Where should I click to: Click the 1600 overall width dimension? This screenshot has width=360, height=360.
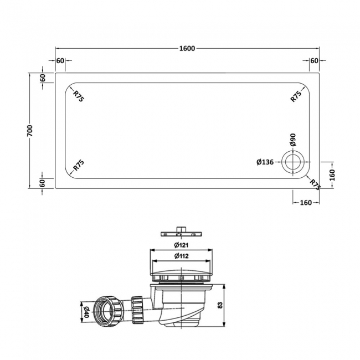point(188,49)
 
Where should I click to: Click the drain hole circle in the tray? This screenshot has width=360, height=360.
point(292,162)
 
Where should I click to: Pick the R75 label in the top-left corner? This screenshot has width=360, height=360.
point(79,96)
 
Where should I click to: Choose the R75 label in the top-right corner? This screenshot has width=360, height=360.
point(296,96)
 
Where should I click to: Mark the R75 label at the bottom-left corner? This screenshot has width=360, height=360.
point(79,166)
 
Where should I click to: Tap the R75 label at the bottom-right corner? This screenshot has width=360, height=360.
point(315,184)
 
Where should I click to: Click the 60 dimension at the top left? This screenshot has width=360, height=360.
point(60,60)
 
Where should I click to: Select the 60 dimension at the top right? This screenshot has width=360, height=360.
point(313,60)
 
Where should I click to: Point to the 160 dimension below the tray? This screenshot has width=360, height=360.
point(305,203)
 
